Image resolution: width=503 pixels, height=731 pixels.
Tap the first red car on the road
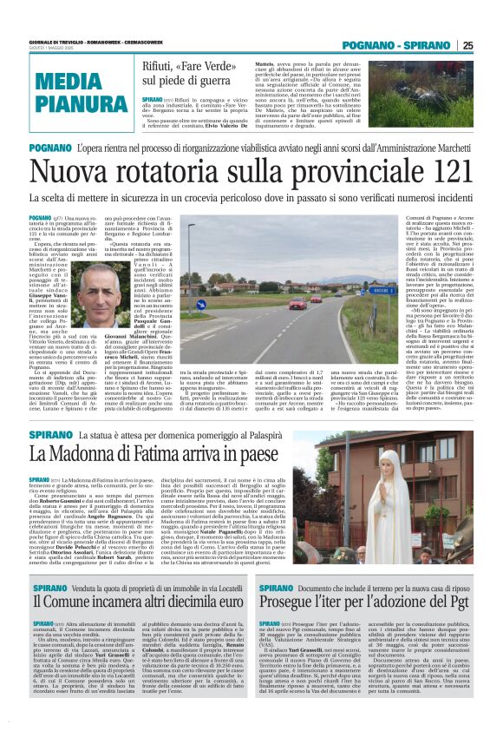[x=299, y=304]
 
